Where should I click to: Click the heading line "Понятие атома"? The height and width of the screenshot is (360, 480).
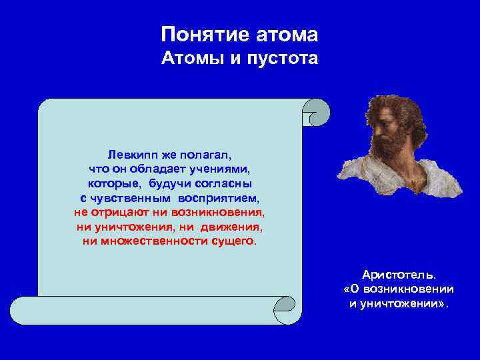[x=240, y=34]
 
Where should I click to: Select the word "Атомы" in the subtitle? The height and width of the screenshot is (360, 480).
[x=191, y=59]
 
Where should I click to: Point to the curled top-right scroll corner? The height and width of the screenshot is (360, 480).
[x=316, y=112]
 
